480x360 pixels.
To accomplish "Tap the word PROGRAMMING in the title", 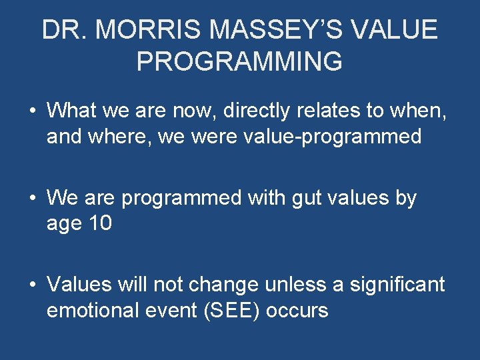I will pyautogui.click(x=239, y=61).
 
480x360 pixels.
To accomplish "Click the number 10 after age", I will pyautogui.click(x=99, y=225).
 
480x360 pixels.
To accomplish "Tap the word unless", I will pyautogui.click(x=293, y=285).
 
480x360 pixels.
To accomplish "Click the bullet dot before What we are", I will pyautogui.click(x=33, y=110).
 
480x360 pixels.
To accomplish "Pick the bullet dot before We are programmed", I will pyautogui.click(x=33, y=199).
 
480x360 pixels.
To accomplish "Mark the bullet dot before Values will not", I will pyautogui.click(x=33, y=285).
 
